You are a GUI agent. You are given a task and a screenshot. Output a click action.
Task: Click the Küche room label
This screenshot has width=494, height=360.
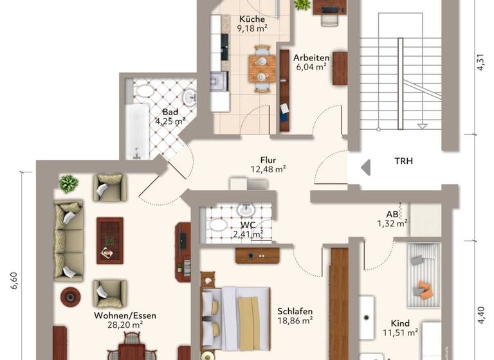252,19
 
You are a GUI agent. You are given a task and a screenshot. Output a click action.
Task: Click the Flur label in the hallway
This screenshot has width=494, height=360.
268,159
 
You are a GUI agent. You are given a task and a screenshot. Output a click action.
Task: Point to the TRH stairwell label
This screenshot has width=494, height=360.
403,161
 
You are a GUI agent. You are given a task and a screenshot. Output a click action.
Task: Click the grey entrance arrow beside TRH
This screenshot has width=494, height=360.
365,168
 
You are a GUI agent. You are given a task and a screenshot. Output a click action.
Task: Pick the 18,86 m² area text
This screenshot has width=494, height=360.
295,319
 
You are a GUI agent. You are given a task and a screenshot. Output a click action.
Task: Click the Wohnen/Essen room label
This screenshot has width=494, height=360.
125,316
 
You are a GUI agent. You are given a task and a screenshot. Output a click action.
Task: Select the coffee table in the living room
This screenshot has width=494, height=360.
109,239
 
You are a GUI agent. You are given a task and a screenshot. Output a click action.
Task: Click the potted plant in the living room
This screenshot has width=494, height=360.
68,184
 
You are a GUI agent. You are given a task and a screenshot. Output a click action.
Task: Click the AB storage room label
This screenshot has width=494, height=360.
392,214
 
